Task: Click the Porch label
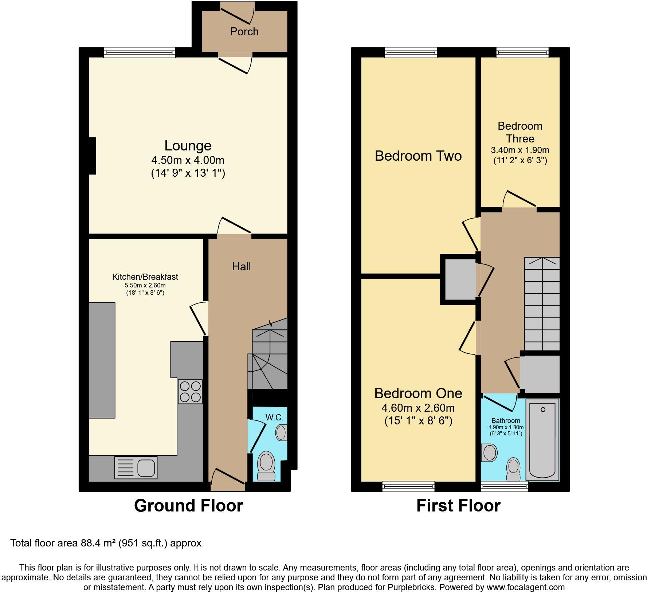[x=244, y=32]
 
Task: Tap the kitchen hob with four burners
[x=190, y=392]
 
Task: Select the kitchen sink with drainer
[x=136, y=467]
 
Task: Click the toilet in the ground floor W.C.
[x=266, y=466]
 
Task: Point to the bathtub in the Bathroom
[x=542, y=439]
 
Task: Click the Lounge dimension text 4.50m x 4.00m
[x=188, y=160]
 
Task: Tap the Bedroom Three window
[x=522, y=53]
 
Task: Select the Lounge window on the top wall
[x=139, y=53]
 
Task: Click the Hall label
[x=241, y=267]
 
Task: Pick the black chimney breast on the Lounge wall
[x=92, y=156]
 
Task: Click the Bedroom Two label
[x=418, y=156]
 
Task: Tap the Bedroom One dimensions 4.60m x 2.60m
[x=418, y=408]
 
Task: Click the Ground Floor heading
[x=188, y=506]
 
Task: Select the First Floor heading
[x=458, y=506]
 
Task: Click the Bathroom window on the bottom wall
[x=504, y=486]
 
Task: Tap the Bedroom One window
[x=408, y=486]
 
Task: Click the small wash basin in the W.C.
[x=281, y=433]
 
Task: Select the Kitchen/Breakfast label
[x=145, y=277]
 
